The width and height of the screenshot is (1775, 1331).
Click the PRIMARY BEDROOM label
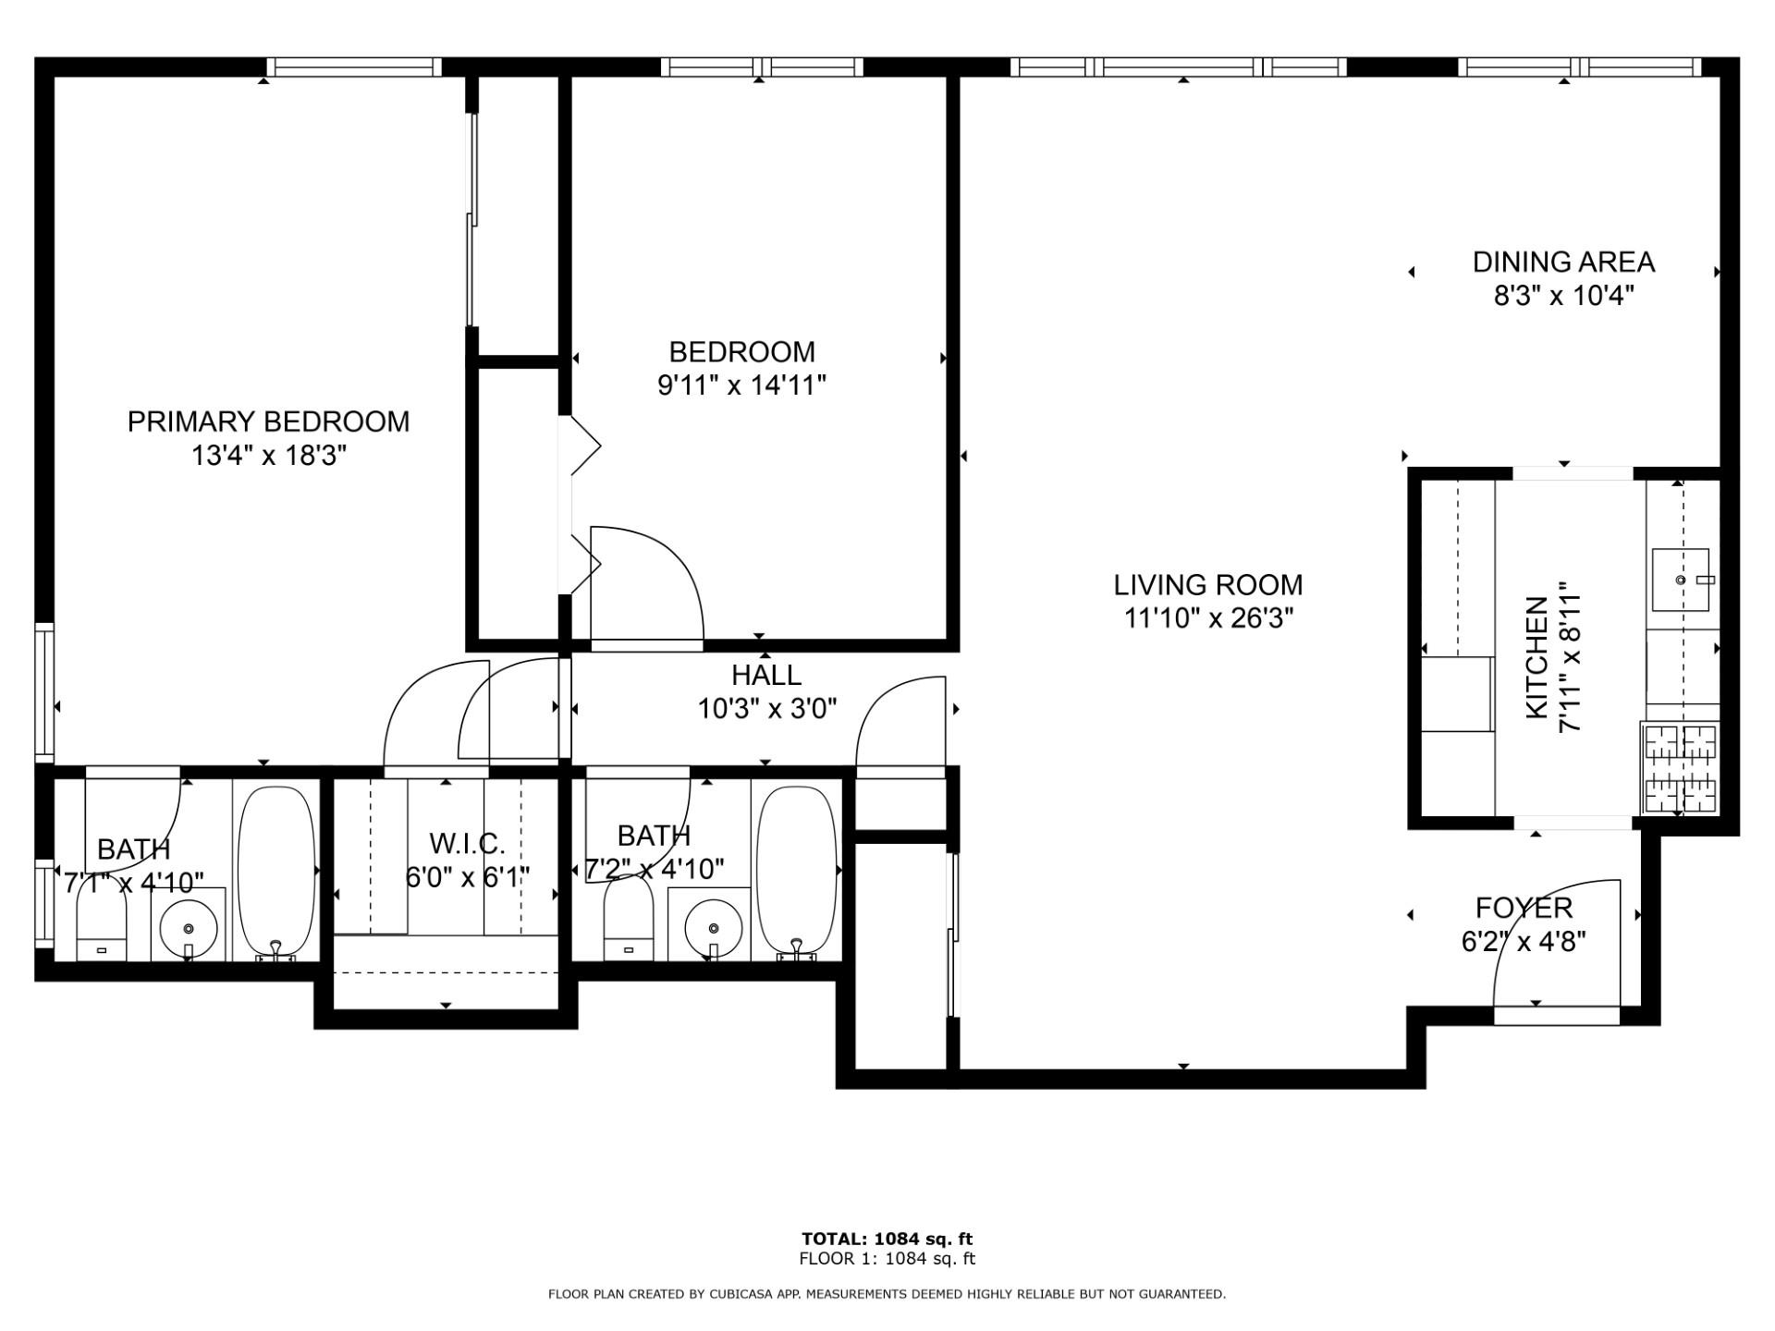(x=268, y=421)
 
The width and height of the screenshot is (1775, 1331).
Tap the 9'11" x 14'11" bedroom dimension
(x=741, y=385)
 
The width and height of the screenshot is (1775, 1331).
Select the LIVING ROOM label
(x=1208, y=584)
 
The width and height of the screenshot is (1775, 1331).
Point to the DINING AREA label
(x=1563, y=262)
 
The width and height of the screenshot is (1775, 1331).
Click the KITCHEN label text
(x=1536, y=657)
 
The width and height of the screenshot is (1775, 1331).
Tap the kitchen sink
(x=1681, y=580)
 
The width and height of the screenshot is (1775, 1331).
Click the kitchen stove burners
(x=1681, y=768)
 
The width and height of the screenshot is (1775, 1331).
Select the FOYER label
(x=1524, y=908)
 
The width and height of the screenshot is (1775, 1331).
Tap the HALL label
(x=766, y=675)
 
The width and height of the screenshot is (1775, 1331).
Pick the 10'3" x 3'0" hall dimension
(x=767, y=709)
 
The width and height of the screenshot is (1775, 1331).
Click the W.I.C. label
(x=467, y=843)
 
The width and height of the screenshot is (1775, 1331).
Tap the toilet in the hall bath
(x=629, y=917)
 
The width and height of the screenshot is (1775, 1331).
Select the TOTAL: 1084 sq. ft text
(x=887, y=1239)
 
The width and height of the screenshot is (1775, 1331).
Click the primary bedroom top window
(x=354, y=67)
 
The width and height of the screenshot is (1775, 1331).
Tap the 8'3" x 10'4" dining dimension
(x=1564, y=296)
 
